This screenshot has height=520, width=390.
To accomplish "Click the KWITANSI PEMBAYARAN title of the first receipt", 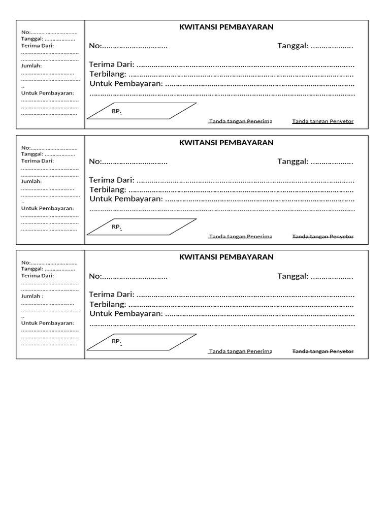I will pyautogui.click(x=226, y=27).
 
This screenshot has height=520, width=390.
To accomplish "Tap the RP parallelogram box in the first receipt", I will pyautogui.click(x=142, y=111).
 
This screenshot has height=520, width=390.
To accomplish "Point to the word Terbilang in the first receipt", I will pyautogui.click(x=108, y=74).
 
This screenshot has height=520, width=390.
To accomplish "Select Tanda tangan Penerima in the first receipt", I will pyautogui.click(x=241, y=122).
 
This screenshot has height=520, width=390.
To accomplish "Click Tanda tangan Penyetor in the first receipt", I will pyautogui.click(x=323, y=122).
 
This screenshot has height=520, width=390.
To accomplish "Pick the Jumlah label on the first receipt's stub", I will pyautogui.click(x=31, y=66).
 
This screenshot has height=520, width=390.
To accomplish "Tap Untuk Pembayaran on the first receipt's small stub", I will pyautogui.click(x=48, y=93).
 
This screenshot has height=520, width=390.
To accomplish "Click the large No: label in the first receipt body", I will pyautogui.click(x=95, y=46).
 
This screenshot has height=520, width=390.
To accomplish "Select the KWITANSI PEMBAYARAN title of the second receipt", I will pyautogui.click(x=226, y=143).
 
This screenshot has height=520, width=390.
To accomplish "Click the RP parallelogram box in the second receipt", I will pyautogui.click(x=142, y=227).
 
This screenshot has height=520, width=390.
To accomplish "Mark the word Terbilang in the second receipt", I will pyautogui.click(x=108, y=189).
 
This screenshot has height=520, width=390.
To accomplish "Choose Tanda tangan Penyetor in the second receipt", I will pyautogui.click(x=323, y=237).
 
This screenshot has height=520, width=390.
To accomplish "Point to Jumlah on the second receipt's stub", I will pyautogui.click(x=31, y=181).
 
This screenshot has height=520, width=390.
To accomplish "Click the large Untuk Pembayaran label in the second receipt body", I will pyautogui.click(x=126, y=199).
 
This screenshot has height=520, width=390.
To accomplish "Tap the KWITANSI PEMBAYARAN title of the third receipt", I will pyautogui.click(x=226, y=257).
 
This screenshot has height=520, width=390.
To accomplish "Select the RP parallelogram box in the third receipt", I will pyautogui.click(x=142, y=342).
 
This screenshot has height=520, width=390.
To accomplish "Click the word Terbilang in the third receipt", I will pyautogui.click(x=108, y=304).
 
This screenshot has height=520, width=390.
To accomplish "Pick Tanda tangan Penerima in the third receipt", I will pyautogui.click(x=241, y=351).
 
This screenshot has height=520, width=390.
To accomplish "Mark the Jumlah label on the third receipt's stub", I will pyautogui.click(x=31, y=296).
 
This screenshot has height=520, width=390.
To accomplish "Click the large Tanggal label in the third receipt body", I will pyautogui.click(x=292, y=276).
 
